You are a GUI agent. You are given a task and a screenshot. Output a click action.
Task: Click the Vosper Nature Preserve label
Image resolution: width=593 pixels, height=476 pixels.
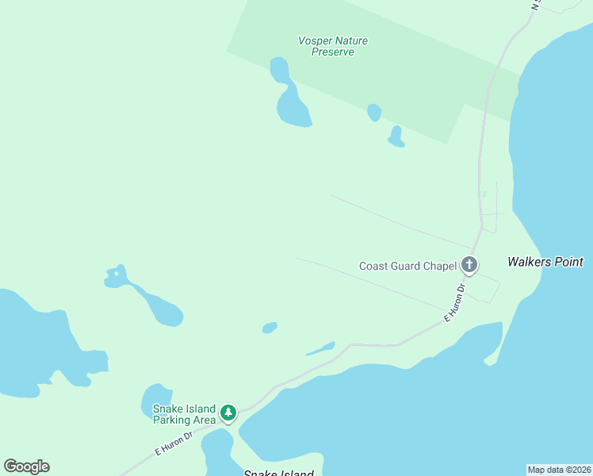click(333, 46)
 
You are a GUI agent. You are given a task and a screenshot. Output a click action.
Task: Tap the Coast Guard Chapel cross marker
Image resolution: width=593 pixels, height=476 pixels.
click(469, 265)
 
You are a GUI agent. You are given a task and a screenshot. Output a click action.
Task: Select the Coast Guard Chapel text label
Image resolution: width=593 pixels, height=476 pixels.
click(407, 267)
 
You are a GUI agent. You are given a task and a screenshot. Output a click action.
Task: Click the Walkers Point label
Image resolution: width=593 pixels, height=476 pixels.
click(545, 262)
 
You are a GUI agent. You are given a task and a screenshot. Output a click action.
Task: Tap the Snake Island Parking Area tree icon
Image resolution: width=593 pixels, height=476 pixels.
click(228, 413)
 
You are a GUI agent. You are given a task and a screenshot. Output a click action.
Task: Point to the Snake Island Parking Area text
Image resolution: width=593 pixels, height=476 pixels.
click(184, 414)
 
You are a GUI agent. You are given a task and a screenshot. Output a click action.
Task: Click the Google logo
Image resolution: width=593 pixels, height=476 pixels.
click(26, 466)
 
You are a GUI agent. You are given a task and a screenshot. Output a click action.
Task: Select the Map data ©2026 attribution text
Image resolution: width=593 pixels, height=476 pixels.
click(559, 470)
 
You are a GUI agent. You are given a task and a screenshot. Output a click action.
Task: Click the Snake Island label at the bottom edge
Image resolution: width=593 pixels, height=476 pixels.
click(278, 474)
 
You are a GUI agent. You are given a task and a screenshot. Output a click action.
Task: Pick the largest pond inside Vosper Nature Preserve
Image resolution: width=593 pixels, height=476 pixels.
click(292, 107)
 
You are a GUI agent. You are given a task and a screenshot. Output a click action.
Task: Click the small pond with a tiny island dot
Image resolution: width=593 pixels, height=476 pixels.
click(116, 277)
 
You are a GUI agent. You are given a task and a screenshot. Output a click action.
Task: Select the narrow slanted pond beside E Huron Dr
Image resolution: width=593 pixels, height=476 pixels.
click(320, 349)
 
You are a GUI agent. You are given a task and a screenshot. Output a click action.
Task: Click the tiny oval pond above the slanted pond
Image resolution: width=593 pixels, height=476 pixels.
click(270, 327)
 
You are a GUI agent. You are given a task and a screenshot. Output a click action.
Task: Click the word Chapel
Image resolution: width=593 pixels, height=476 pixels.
click(440, 267)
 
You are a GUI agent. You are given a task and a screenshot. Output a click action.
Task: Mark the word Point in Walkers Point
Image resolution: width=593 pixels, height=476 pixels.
click(567, 262)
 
